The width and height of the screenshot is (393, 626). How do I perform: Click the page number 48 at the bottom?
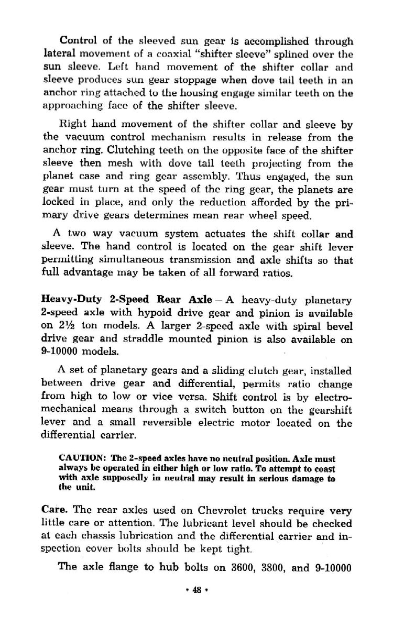click(x=196, y=589)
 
